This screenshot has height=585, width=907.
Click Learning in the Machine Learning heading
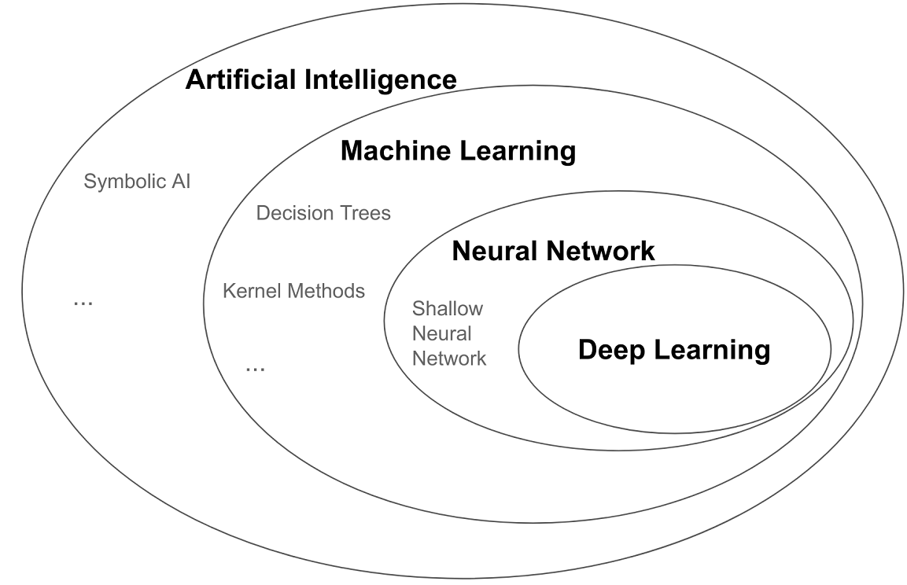(524, 150)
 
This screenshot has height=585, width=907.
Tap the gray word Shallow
(447, 308)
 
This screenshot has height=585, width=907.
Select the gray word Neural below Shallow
(441, 333)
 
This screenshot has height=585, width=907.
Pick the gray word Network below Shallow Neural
(449, 359)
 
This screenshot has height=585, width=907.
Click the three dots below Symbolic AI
(83, 302)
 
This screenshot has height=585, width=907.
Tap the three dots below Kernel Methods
(255, 368)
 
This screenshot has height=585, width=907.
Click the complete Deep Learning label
(673, 350)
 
